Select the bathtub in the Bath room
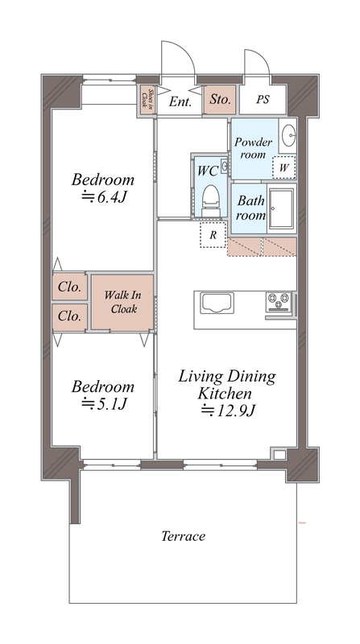282,208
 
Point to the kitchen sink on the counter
217,303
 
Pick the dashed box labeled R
213,234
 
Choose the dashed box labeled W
284,167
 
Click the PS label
263,100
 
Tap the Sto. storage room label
220,99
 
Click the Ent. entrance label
180,101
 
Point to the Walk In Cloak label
122,302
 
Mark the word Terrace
183,536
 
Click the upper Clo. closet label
69,287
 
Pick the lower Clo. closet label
69,316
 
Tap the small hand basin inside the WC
225,167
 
